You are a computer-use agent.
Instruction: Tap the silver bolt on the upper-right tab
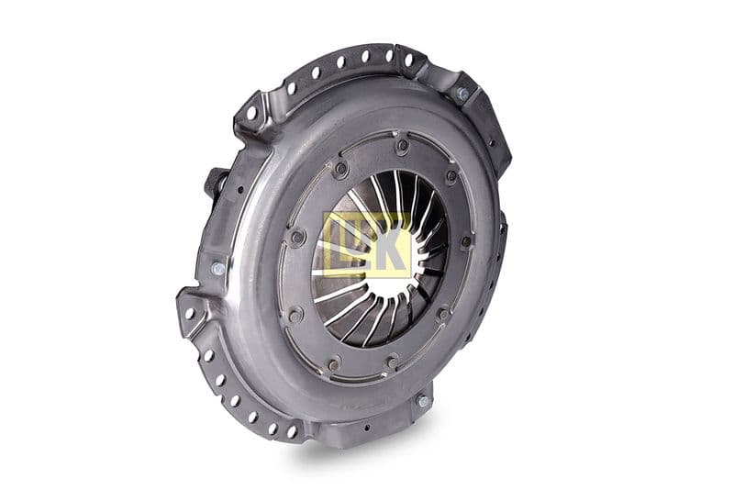coord(462,95)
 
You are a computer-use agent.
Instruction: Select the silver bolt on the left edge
coord(217,269)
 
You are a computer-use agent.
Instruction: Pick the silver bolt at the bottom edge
coord(423,401)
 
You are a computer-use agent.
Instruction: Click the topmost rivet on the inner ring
coord(402,145)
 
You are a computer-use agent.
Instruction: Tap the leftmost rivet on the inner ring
coord(296,237)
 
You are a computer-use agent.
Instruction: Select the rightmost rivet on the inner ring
coord(466,241)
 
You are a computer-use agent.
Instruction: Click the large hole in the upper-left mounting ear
coord(251,113)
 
